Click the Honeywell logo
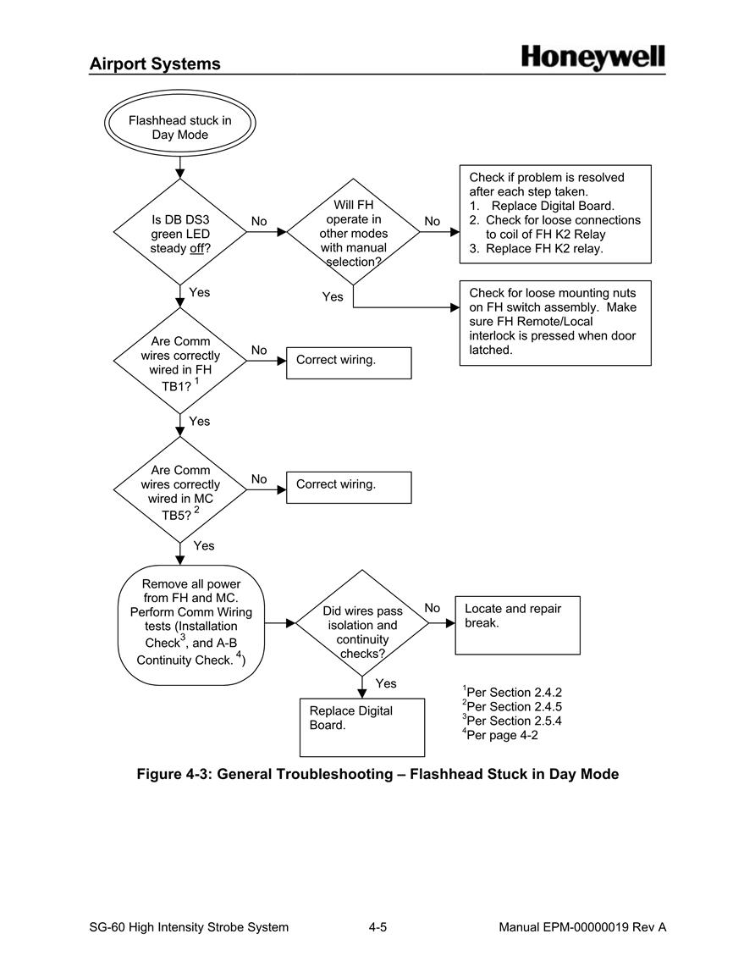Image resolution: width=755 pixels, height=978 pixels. pyautogui.click(x=592, y=58)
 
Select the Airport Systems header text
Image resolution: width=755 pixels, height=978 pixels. pyautogui.click(x=155, y=64)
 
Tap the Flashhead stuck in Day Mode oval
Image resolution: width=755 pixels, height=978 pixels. pyautogui.click(x=179, y=123)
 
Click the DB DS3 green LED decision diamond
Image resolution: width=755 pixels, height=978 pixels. pyautogui.click(x=179, y=232)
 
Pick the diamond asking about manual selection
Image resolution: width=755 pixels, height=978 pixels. pyautogui.click(x=354, y=232)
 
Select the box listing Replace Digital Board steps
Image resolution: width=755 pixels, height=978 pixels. pyautogui.click(x=555, y=214)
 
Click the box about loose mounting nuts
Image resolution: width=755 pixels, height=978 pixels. pyautogui.click(x=555, y=323)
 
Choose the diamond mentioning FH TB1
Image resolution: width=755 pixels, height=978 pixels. pyautogui.click(x=179, y=361)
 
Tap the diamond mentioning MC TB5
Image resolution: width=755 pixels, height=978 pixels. pyautogui.click(x=179, y=489)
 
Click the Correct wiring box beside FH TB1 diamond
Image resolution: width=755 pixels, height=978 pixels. pyautogui.click(x=349, y=363)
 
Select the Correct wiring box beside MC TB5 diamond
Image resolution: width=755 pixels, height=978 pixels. pyautogui.click(x=349, y=487)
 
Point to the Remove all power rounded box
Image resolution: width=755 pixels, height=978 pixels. pyautogui.click(x=190, y=625)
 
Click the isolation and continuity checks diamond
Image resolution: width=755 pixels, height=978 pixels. pyautogui.click(x=362, y=623)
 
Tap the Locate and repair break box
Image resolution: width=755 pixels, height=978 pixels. pyautogui.click(x=517, y=625)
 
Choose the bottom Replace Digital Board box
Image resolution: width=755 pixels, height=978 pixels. pyautogui.click(x=362, y=727)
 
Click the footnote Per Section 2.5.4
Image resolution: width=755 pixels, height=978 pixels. pyautogui.click(x=512, y=721)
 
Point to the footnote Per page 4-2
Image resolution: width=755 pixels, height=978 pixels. pyautogui.click(x=500, y=735)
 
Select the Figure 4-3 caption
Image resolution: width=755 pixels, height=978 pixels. pyautogui.click(x=377, y=774)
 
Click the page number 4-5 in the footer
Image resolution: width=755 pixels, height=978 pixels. pyautogui.click(x=377, y=927)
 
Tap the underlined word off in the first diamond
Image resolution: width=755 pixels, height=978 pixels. pyautogui.click(x=197, y=248)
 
